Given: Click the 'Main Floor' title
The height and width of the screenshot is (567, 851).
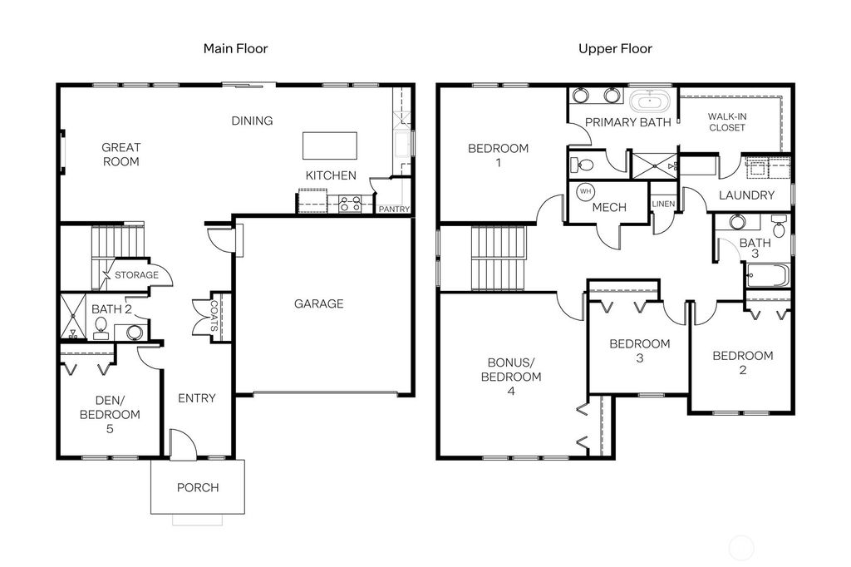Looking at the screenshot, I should tap(235, 48).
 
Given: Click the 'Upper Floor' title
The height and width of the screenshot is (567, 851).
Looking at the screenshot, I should tap(615, 48).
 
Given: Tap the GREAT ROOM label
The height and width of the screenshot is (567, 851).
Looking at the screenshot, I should tap(121, 155).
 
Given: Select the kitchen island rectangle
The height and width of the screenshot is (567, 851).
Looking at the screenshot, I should tap(330, 145).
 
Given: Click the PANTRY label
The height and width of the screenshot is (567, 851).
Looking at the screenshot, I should tap(394, 210).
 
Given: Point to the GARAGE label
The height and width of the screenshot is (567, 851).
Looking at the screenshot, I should tap(318, 303).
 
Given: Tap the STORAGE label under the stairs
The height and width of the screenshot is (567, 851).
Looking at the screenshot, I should tap(136, 275).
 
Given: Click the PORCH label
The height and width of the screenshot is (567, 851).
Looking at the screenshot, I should tap(198, 487).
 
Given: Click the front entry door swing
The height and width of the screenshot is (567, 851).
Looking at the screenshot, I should tap(182, 443).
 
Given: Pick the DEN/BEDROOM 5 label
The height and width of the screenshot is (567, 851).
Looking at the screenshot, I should tap(110, 414).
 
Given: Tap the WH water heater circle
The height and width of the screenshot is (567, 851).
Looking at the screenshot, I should tap(584, 191).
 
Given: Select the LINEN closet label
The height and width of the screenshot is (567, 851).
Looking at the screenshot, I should tap(663, 204).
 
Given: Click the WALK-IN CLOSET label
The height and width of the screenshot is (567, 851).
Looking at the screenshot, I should tap(726, 122).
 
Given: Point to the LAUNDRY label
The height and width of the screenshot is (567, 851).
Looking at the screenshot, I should tap(746, 195).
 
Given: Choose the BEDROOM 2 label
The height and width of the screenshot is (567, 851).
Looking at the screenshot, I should tap(742, 362).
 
